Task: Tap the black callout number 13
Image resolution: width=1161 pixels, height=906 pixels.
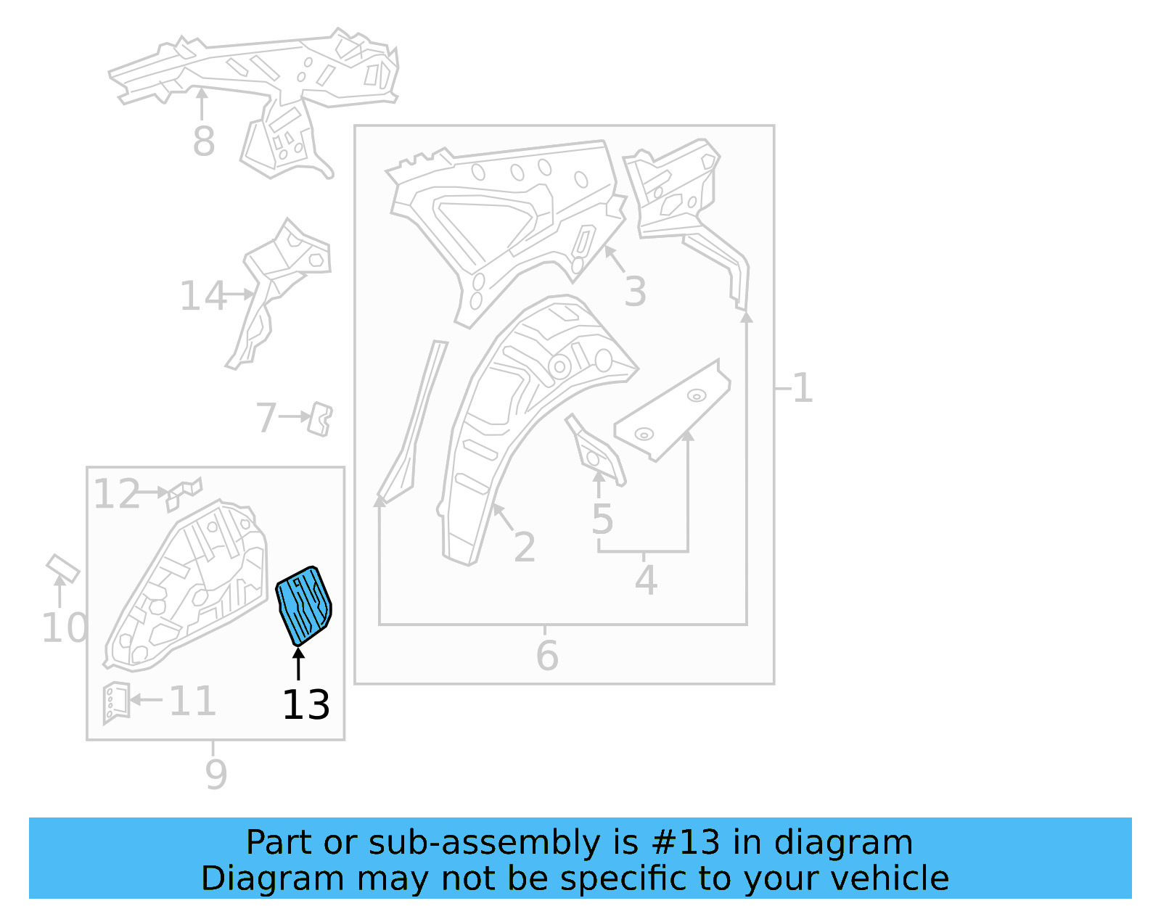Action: (305, 705)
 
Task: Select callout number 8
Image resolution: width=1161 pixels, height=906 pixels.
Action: (203, 141)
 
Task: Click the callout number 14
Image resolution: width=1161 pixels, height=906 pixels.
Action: (202, 297)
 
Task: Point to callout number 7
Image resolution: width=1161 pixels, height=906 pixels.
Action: (266, 418)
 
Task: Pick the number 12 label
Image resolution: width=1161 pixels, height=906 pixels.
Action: (116, 495)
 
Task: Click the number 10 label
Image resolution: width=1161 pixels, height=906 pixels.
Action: (64, 628)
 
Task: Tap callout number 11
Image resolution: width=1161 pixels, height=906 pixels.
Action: (192, 701)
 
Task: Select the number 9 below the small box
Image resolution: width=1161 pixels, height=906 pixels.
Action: (216, 775)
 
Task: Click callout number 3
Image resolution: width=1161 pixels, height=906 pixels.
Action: (635, 292)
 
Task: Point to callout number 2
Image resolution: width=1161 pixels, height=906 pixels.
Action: (524, 548)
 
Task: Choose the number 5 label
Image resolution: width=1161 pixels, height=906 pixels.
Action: (602, 519)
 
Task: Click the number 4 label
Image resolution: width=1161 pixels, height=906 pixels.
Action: (646, 581)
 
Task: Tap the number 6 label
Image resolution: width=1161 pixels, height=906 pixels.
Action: (547, 656)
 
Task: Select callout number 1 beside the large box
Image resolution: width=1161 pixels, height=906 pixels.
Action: (803, 388)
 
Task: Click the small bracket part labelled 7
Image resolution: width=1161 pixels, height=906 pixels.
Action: (320, 419)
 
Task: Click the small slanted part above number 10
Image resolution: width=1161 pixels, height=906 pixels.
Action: (62, 568)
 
